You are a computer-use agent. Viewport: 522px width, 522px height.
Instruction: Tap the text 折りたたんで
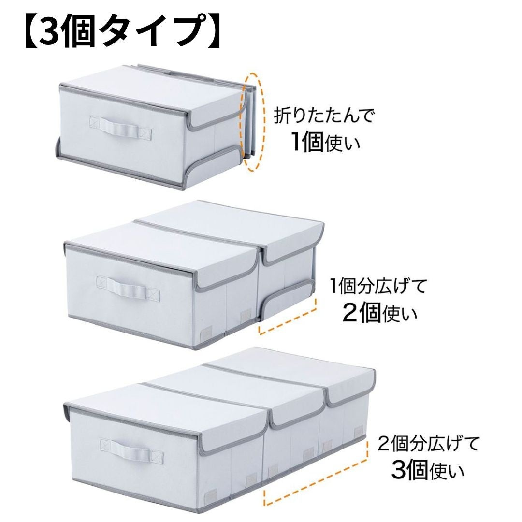[324, 116]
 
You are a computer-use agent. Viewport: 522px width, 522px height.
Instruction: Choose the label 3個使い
[427, 470]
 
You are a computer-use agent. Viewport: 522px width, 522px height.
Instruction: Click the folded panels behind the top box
[249, 121]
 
